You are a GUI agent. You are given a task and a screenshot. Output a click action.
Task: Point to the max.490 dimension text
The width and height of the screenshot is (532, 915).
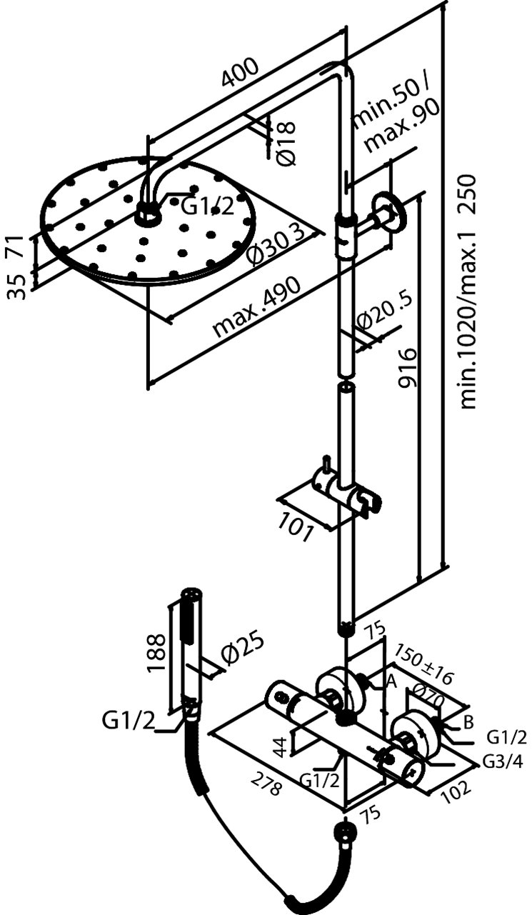[x=258, y=306]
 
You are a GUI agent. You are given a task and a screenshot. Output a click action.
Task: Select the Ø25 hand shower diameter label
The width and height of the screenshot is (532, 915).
[x=241, y=649]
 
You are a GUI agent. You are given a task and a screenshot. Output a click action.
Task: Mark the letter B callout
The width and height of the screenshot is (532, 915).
[x=468, y=722]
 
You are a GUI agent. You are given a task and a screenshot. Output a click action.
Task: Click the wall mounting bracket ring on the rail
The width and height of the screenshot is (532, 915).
[x=386, y=211]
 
